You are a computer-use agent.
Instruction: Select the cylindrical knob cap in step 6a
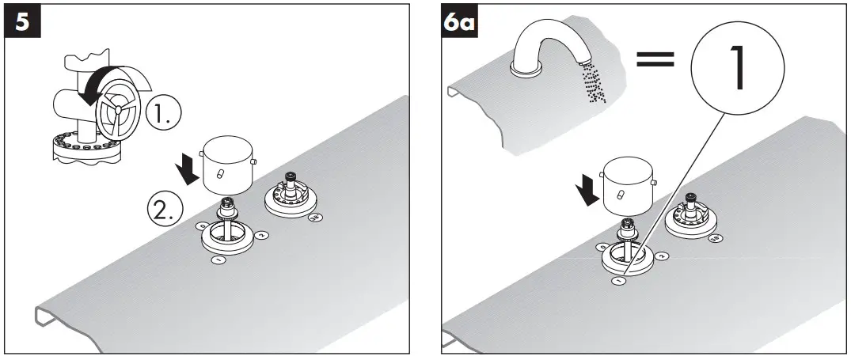628,184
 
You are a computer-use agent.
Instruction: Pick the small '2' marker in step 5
262,233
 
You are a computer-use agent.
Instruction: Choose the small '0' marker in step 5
203,226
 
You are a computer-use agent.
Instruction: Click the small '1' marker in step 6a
617,279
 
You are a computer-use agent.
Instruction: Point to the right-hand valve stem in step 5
290,187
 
